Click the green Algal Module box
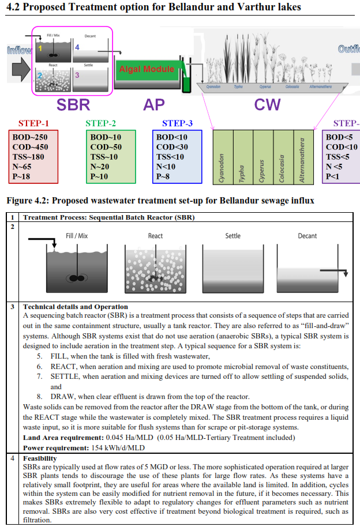[147, 70]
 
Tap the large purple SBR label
[73, 104]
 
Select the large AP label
[154, 104]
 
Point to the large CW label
[268, 104]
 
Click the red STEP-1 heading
[34, 123]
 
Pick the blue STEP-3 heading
[177, 123]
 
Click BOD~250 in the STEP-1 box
[30, 137]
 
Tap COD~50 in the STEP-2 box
[106, 147]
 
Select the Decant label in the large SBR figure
[307, 236]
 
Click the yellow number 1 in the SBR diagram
[40, 48]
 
